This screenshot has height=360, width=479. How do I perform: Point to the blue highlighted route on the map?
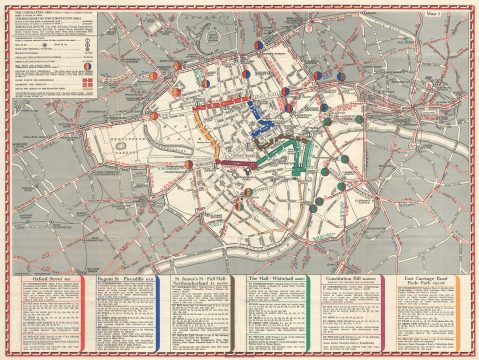coord(258,115)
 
